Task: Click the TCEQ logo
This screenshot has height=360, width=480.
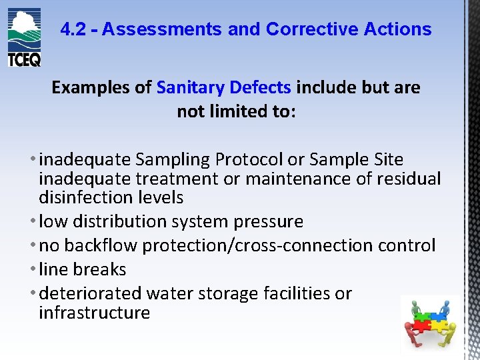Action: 25,37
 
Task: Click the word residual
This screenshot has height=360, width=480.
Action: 410,179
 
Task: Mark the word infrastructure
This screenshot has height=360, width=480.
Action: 94,313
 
